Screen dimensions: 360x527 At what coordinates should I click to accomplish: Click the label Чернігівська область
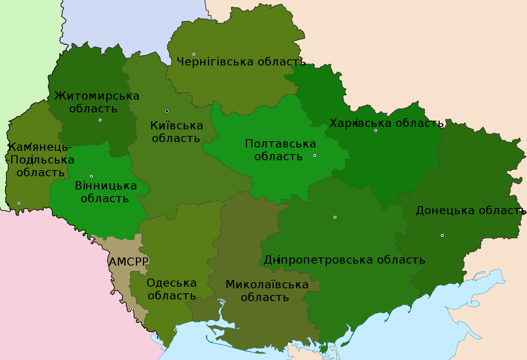pyautogui.click(x=241, y=61)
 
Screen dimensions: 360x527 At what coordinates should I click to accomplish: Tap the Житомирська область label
pyautogui.click(x=97, y=102)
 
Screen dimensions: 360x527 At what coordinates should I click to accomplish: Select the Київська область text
pyautogui.click(x=177, y=132)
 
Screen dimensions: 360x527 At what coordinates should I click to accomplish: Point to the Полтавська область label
pyautogui.click(x=280, y=150)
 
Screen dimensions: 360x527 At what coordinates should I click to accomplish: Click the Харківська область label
pyautogui.click(x=386, y=123)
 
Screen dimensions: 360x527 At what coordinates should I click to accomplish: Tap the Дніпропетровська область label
pyautogui.click(x=344, y=260)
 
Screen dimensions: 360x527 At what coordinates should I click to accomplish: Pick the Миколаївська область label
pyautogui.click(x=267, y=291)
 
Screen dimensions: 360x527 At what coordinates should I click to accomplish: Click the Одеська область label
pyautogui.click(x=171, y=289)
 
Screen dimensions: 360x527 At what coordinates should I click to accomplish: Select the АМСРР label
pyautogui.click(x=129, y=262)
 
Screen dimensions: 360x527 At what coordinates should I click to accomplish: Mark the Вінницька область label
pyautogui.click(x=105, y=192)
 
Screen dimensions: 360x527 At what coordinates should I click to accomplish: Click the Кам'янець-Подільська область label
pyautogui.click(x=40, y=159)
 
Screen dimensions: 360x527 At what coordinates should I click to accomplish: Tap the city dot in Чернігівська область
pyautogui.click(x=194, y=54)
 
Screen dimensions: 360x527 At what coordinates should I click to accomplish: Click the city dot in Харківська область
pyautogui.click(x=375, y=130)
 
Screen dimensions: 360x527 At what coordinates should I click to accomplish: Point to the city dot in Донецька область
pyautogui.click(x=442, y=235)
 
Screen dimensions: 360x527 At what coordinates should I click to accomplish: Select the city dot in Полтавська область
pyautogui.click(x=314, y=155)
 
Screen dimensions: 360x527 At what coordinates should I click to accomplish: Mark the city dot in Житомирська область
pyautogui.click(x=100, y=120)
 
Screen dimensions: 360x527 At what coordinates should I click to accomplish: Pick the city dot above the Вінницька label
pyautogui.click(x=91, y=176)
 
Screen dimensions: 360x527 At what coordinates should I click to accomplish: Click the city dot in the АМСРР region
pyautogui.click(x=131, y=309)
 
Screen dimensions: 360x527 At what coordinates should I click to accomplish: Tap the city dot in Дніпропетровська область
pyautogui.click(x=335, y=217)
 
